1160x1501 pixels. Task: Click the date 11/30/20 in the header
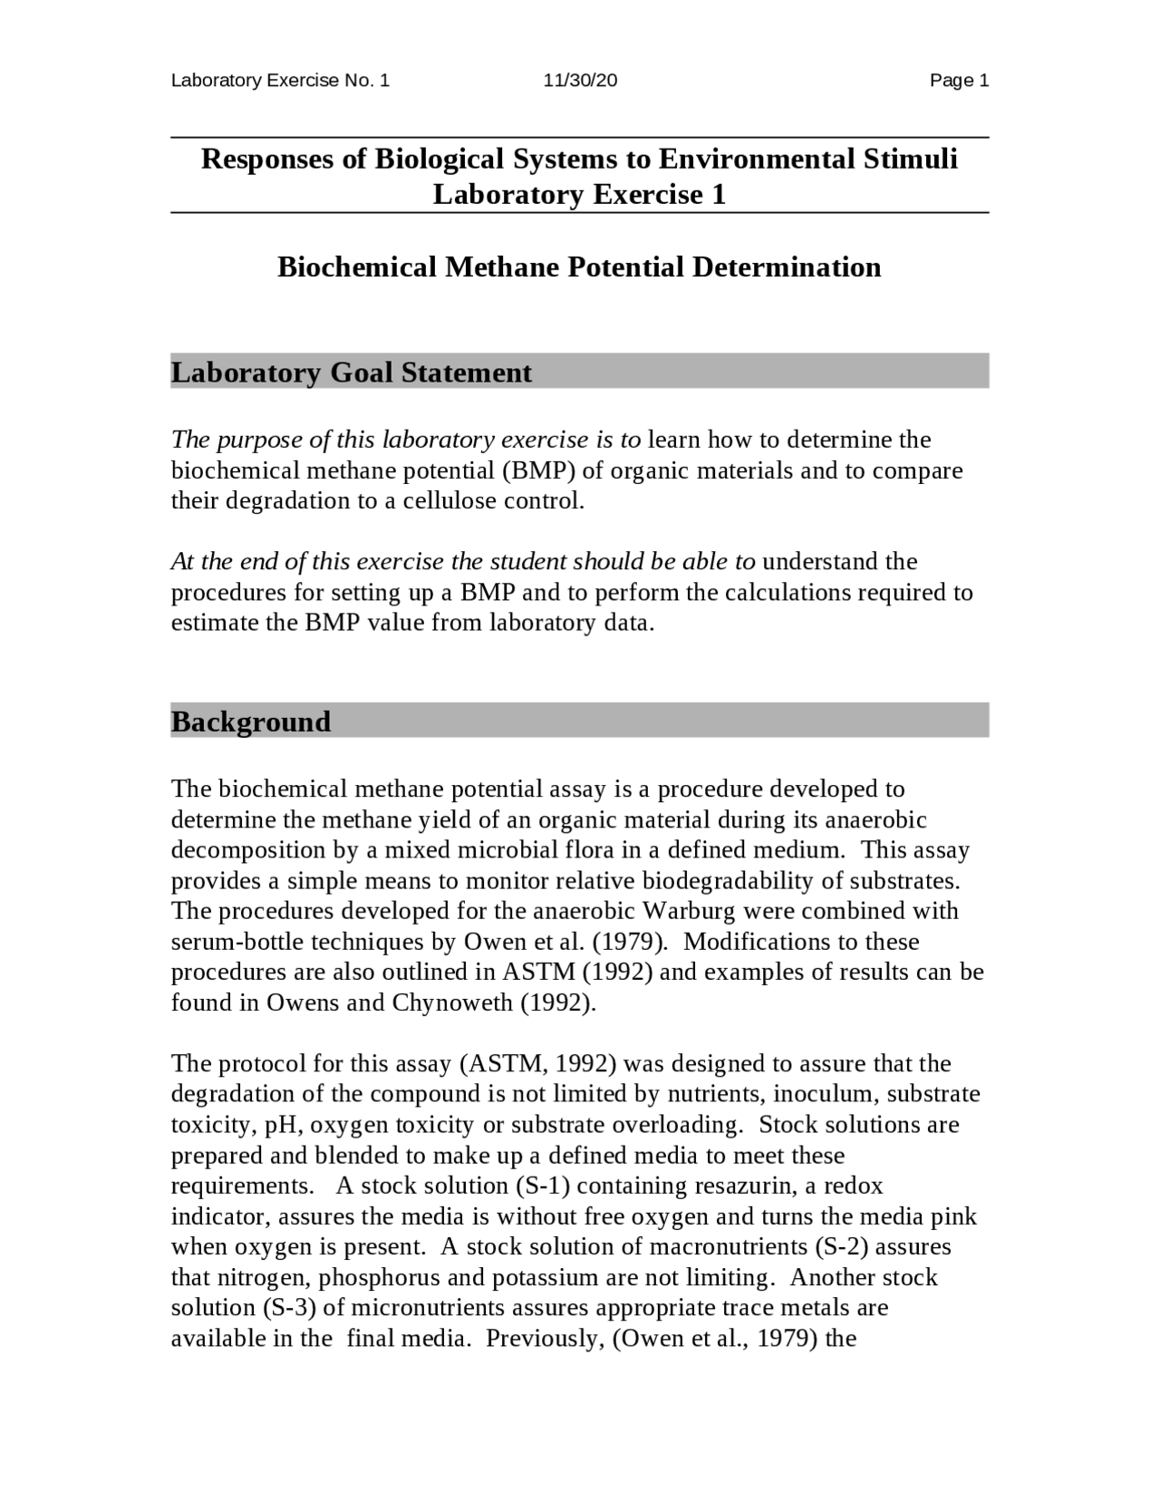pos(580,81)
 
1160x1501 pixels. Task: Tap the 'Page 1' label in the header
pos(959,81)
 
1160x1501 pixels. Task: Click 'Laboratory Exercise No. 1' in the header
pos(280,81)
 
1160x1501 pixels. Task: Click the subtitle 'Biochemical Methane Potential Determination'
pos(579,267)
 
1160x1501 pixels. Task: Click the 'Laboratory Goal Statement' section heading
pos(352,373)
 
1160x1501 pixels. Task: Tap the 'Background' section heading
pos(251,721)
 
